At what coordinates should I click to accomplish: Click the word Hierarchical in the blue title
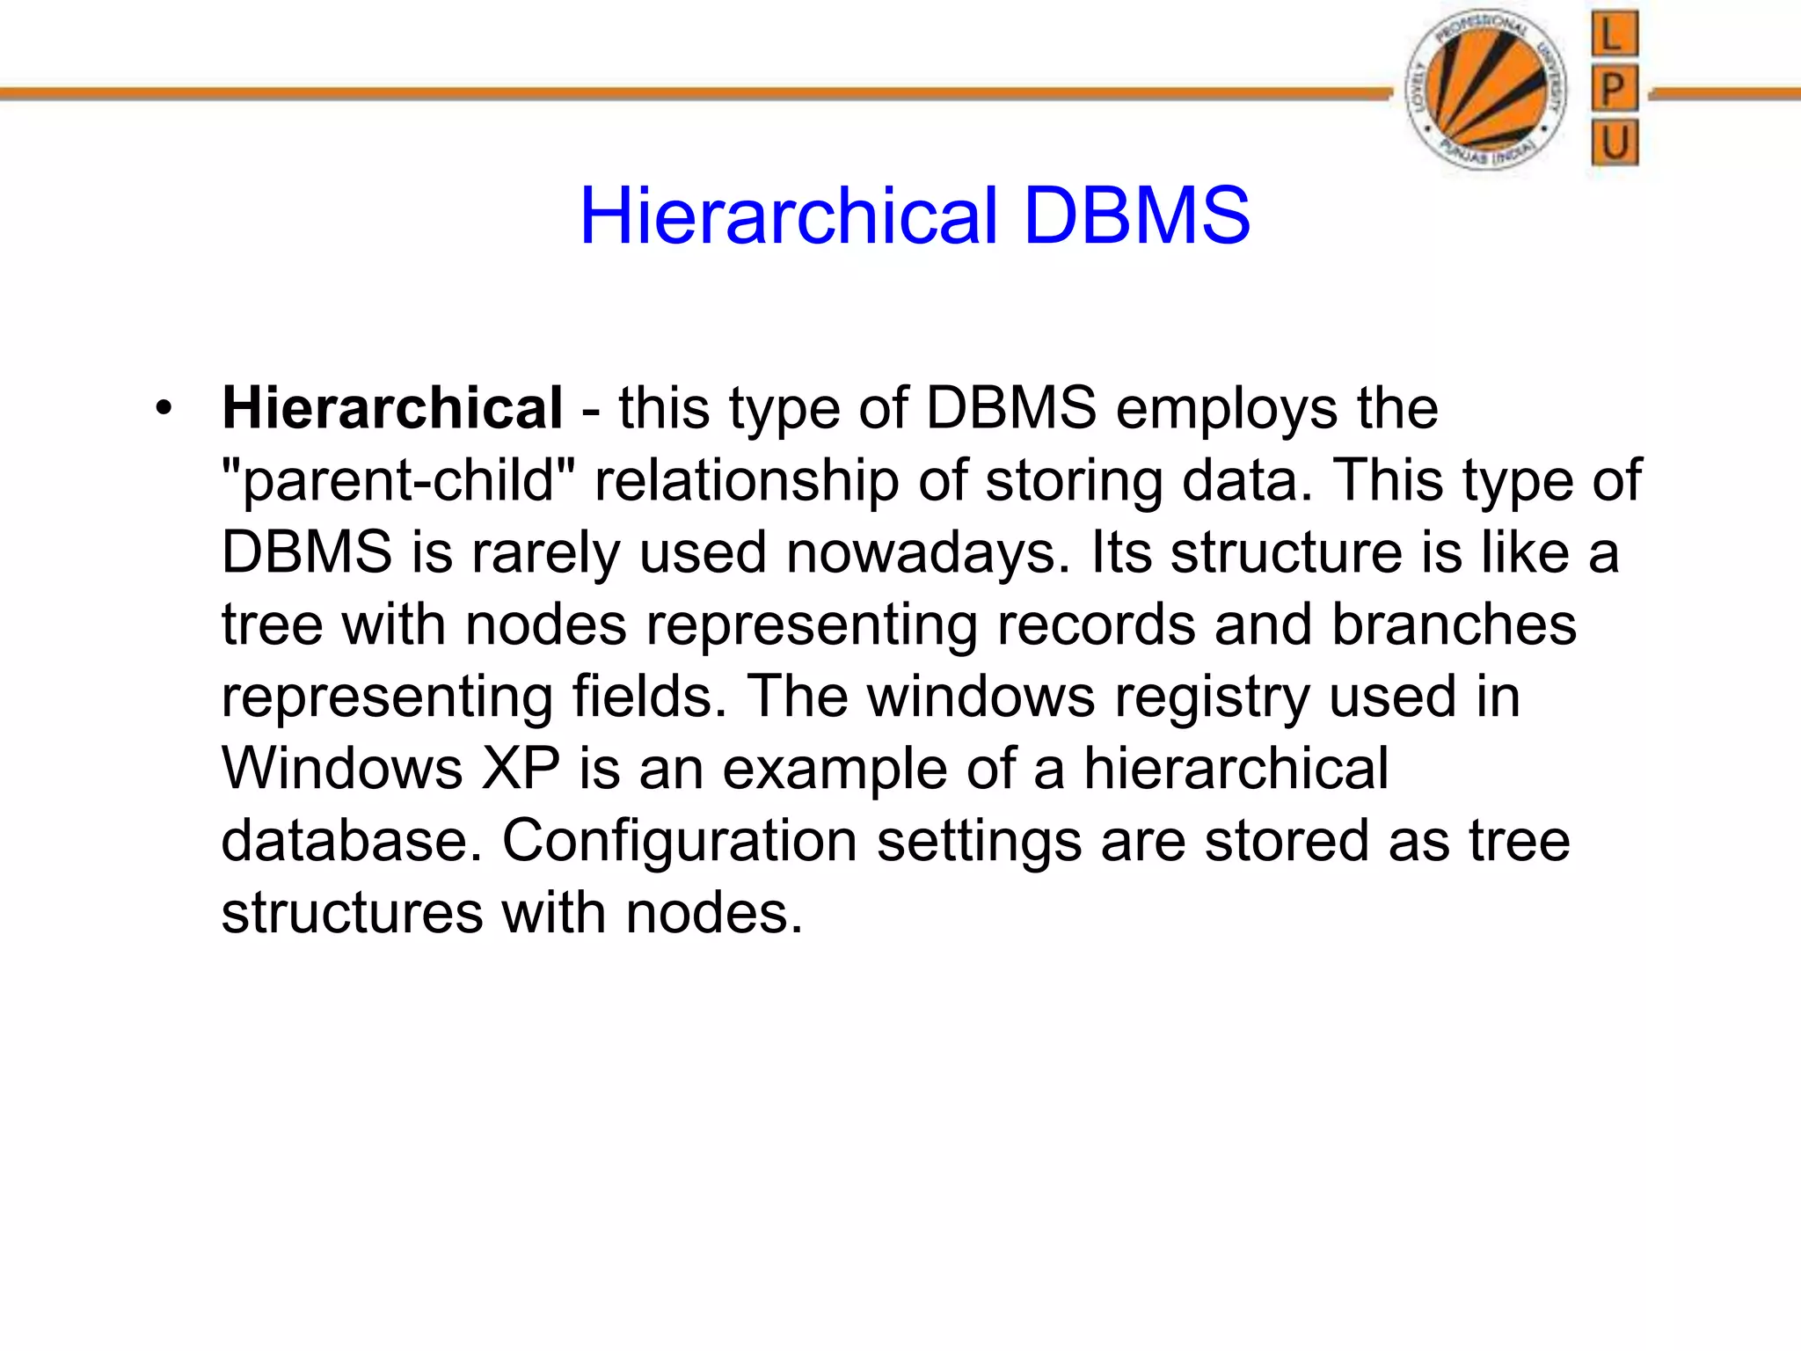click(x=788, y=216)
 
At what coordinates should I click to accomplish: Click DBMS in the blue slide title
click(x=1136, y=216)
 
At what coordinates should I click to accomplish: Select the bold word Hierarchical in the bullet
click(x=392, y=409)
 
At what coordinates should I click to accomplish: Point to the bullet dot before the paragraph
click(x=163, y=409)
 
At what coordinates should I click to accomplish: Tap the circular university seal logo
click(x=1486, y=90)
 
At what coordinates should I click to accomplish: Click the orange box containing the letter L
click(x=1615, y=34)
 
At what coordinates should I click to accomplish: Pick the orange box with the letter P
click(x=1615, y=89)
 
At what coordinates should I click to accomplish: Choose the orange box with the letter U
click(x=1615, y=142)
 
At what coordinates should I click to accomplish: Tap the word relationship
click(x=747, y=482)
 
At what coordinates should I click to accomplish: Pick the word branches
click(x=1454, y=625)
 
